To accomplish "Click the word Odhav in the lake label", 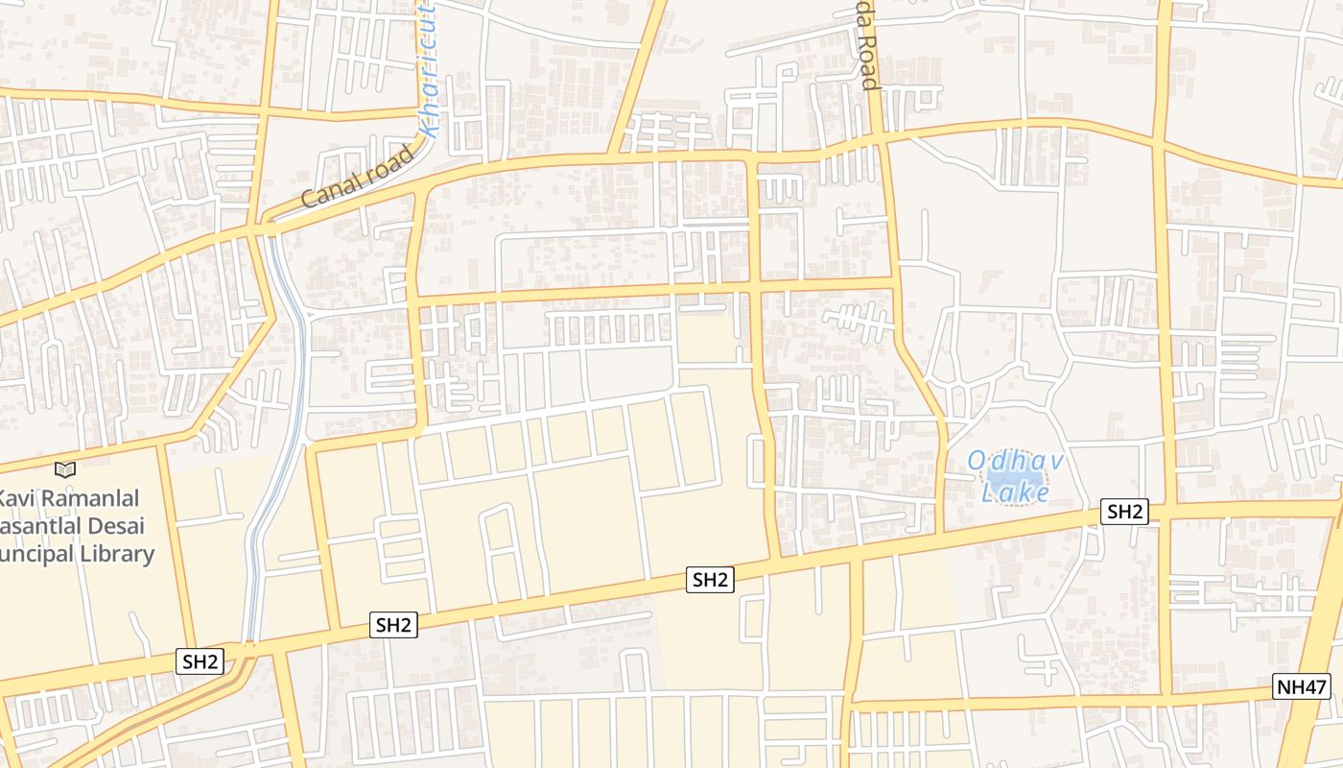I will click(1016, 461).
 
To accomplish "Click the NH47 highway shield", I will click(1302, 686).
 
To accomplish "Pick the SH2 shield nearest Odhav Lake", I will click(1124, 512).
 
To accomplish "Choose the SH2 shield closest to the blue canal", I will click(201, 660).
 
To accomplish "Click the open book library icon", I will click(65, 469).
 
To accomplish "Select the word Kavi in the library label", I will click(18, 499).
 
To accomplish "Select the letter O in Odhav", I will click(976, 461).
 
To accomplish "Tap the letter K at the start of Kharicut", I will click(428, 125).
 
